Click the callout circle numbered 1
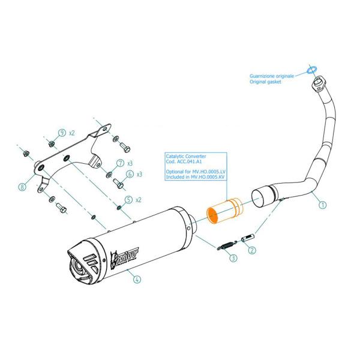coord(323,205)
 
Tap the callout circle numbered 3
coord(233,259)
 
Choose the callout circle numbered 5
coord(128,200)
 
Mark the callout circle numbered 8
coord(22,187)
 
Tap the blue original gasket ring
coord(312,69)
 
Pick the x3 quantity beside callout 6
coord(139,175)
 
